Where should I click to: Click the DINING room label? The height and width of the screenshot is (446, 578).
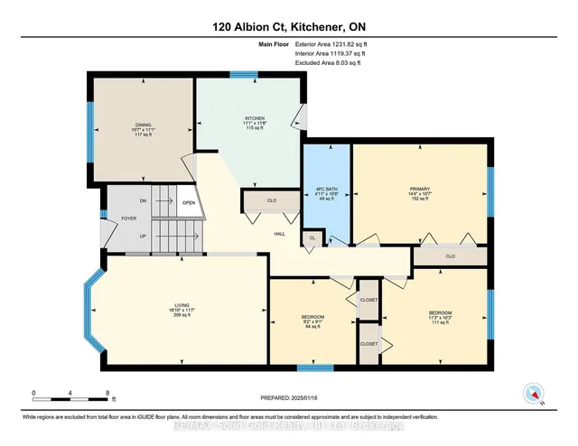pyautogui.click(x=144, y=125)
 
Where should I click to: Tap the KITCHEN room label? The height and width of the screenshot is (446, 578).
pyautogui.click(x=253, y=118)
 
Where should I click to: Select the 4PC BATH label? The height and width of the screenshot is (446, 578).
pyautogui.click(x=325, y=189)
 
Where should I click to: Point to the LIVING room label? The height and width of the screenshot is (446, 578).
pyautogui.click(x=183, y=305)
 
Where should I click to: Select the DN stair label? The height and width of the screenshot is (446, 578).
pyautogui.click(x=143, y=201)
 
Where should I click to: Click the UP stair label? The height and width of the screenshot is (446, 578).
pyautogui.click(x=143, y=236)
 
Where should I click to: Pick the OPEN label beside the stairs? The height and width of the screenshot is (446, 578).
pyautogui.click(x=188, y=202)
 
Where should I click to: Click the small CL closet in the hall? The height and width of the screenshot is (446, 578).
pyautogui.click(x=312, y=238)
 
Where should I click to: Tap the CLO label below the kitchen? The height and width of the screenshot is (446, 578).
pyautogui.click(x=271, y=200)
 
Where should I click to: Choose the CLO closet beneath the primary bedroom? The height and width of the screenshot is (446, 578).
pyautogui.click(x=450, y=256)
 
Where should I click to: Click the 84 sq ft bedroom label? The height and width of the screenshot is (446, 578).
pyautogui.click(x=314, y=317)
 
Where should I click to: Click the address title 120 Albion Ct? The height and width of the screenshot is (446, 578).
pyautogui.click(x=288, y=26)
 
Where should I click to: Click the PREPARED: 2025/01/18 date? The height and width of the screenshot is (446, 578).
pyautogui.click(x=290, y=396)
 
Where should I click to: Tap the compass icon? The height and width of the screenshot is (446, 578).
pyautogui.click(x=534, y=393)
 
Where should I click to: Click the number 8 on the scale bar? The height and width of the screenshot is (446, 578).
pyautogui.click(x=108, y=394)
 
